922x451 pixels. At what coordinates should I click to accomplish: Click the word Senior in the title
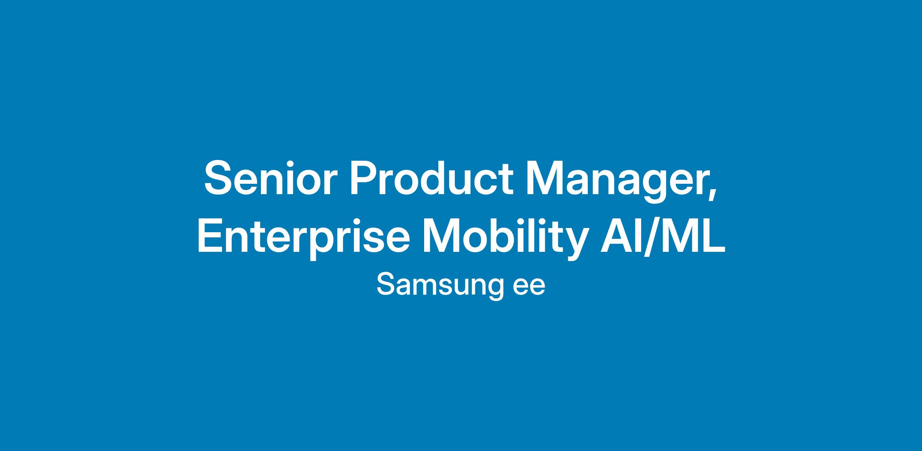tap(270, 178)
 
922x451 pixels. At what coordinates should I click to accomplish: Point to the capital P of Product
tap(364, 178)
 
